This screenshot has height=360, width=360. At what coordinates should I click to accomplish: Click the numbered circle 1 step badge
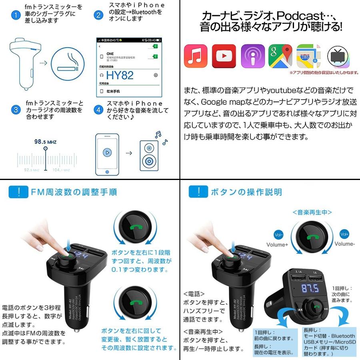pyautogui.click(x=16, y=16)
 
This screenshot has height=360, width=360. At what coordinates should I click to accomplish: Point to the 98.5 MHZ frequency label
pyautogui.click(x=45, y=142)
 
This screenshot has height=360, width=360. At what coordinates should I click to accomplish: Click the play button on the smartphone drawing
pyautogui.click(x=106, y=152)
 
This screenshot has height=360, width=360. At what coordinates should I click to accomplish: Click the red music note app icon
pyautogui.click(x=195, y=56)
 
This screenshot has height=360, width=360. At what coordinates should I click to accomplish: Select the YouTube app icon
pyautogui.click(x=224, y=56)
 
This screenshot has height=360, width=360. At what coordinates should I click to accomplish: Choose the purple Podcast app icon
pyautogui.click(x=253, y=56)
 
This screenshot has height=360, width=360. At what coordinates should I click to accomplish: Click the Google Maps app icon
pyautogui.click(x=281, y=56)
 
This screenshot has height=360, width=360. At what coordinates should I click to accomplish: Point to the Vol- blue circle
pyautogui.click(x=278, y=234)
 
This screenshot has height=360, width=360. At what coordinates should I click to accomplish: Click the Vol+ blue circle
pyautogui.click(x=344, y=234)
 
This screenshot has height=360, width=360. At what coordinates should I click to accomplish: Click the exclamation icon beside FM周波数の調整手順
pyautogui.click(x=18, y=192)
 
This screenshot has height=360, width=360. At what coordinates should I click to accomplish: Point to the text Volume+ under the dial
pyautogui.click(x=277, y=244)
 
